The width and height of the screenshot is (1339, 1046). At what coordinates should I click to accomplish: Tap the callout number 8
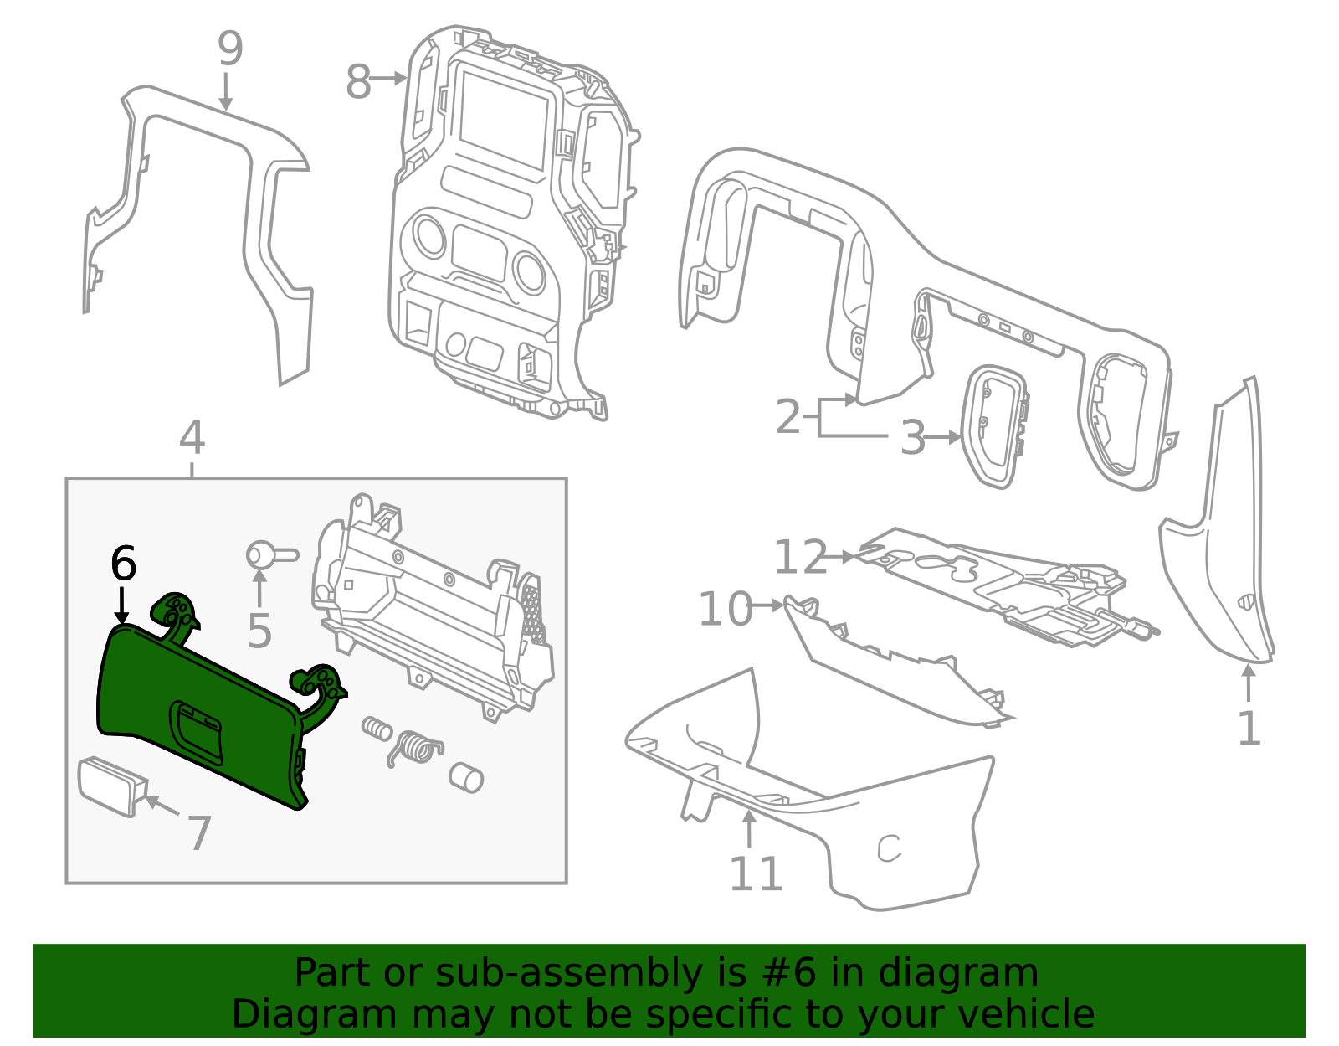(358, 82)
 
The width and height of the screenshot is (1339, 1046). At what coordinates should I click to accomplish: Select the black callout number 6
(123, 564)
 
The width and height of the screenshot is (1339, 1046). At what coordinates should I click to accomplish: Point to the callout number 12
(800, 557)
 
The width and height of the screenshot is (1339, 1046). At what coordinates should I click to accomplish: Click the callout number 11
(756, 874)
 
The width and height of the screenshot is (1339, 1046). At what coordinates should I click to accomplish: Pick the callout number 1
(1249, 728)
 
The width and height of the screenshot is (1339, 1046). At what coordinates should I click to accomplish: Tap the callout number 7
(198, 832)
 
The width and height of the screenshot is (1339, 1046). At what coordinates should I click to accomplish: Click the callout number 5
(259, 631)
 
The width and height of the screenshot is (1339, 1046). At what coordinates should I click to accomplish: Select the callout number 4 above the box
(192, 438)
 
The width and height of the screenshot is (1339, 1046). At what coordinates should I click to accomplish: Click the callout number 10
(726, 609)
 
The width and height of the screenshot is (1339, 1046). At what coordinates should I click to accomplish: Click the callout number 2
(788, 416)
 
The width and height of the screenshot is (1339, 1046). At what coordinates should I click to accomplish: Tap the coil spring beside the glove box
(416, 746)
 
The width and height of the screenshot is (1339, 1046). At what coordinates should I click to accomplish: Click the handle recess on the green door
(198, 729)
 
